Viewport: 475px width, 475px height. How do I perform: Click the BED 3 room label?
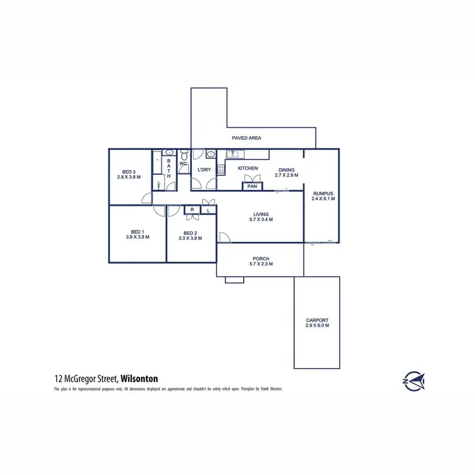pyautogui.click(x=129, y=172)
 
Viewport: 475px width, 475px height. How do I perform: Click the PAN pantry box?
pyautogui.click(x=252, y=186)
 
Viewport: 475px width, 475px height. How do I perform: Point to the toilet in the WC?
pyautogui.click(x=184, y=155)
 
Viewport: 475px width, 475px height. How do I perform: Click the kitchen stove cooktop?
pyautogui.click(x=221, y=168)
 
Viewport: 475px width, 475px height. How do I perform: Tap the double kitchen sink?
pyautogui.click(x=233, y=154)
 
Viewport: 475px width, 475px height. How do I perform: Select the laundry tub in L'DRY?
pyautogui.click(x=210, y=154)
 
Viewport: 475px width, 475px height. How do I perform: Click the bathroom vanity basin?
pyautogui.click(x=169, y=153)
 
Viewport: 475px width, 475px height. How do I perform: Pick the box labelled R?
pyautogui.click(x=191, y=210)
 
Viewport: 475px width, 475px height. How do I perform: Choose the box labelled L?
pyautogui.click(x=206, y=210)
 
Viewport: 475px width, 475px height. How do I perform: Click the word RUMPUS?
pyautogui.click(x=323, y=193)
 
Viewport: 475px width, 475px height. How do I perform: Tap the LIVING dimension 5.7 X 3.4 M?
pyautogui.click(x=261, y=220)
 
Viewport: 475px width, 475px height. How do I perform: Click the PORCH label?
pyautogui.click(x=261, y=258)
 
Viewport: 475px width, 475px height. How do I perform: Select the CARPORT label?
pyautogui.click(x=317, y=320)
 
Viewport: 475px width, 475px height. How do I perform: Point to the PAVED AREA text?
pyautogui.click(x=246, y=137)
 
